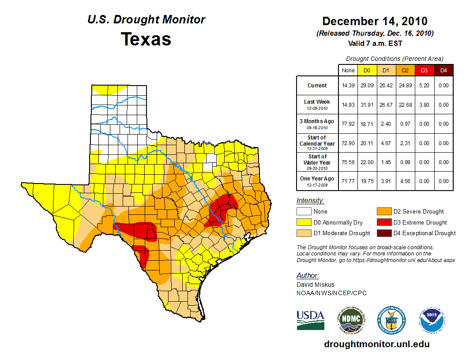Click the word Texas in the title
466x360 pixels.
coord(146,39)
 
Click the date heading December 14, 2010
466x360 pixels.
coord(375,21)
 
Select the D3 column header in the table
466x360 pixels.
coord(424,70)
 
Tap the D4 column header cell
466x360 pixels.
coord(443,70)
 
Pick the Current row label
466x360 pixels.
coord(317,86)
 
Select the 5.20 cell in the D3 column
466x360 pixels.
coord(424,86)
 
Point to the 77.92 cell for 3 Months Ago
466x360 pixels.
coord(348,124)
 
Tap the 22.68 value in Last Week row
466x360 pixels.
coord(405,105)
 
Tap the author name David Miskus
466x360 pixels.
coord(315,285)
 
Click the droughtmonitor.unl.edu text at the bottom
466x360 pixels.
coord(376,344)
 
